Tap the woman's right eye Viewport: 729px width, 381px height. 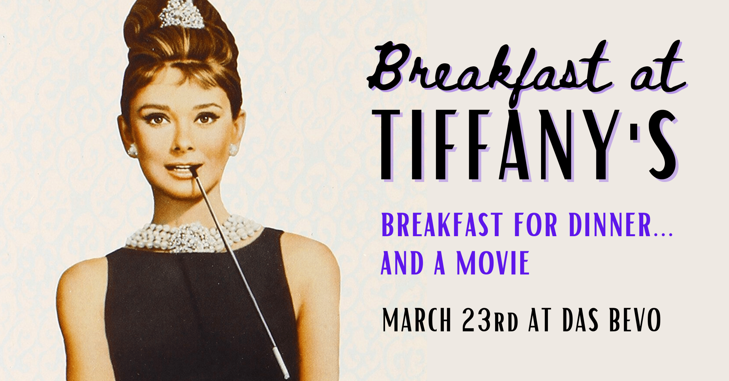pos(157,120)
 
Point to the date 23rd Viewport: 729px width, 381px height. pos(490,320)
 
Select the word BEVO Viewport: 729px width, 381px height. pos(635,320)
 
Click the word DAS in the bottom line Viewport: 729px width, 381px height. pos(580,320)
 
